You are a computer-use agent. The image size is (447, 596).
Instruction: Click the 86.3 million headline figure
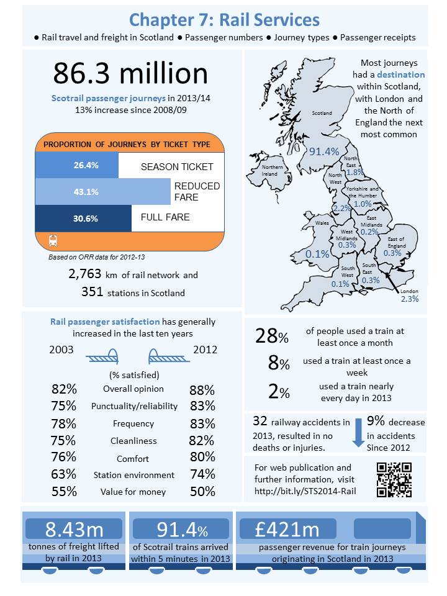[130, 73]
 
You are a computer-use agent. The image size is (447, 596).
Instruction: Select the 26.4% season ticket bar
[77, 166]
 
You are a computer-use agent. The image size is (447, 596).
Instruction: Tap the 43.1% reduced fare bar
[102, 192]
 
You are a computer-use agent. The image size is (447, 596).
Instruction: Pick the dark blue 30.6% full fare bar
[83, 218]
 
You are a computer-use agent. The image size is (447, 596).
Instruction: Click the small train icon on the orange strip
[53, 240]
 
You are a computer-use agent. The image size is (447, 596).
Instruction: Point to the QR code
[394, 479]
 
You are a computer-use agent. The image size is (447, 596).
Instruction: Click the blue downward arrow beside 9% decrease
[358, 433]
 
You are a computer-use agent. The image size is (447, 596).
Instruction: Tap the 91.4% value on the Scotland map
[324, 151]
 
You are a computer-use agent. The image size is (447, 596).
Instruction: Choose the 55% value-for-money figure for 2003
[64, 492]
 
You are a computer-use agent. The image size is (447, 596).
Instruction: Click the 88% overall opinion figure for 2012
[202, 391]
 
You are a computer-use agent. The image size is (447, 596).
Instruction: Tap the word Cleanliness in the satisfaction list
[133, 441]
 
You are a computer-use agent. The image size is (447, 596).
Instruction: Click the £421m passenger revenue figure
[287, 530]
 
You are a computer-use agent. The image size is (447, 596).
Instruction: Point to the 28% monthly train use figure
[272, 336]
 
